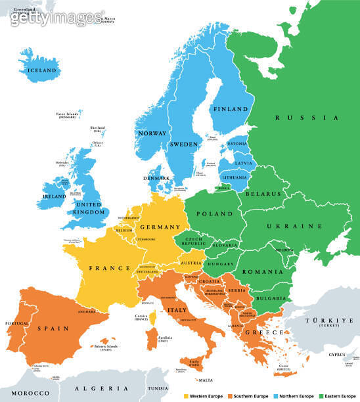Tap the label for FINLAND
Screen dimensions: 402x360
[230, 109]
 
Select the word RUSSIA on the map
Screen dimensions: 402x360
[306, 118]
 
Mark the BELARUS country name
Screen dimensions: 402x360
[264, 194]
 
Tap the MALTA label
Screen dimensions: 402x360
[206, 380]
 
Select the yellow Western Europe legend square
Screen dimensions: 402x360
[185, 396]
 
